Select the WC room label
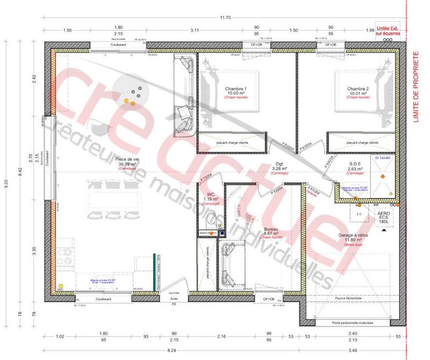click(x=211, y=195)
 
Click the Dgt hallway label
click(x=279, y=165)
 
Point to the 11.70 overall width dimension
click(x=225, y=18)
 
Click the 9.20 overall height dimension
click(x=6, y=183)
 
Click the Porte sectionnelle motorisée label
click(x=353, y=323)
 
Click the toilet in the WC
click(x=211, y=220)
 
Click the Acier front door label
click(x=174, y=299)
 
